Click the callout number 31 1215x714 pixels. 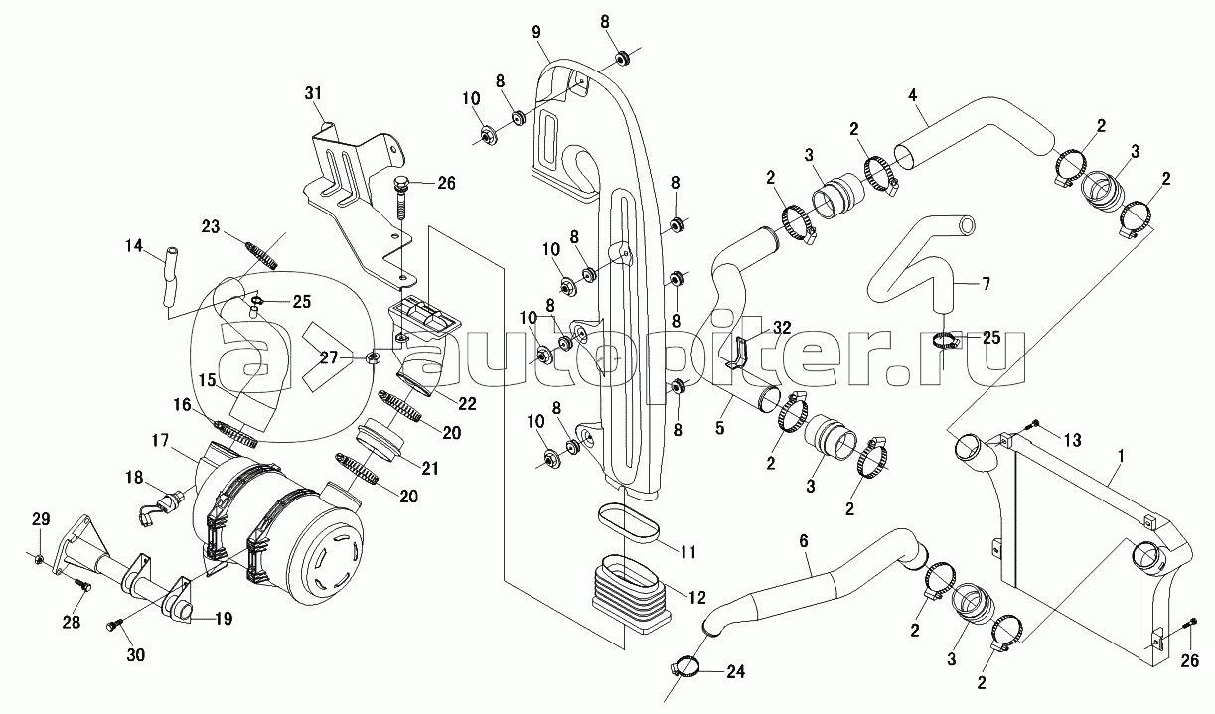point(313,93)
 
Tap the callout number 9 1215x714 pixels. point(536,32)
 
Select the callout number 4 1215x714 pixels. point(912,95)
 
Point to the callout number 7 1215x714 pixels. point(986,284)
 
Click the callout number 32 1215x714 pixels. point(782,328)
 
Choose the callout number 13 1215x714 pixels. point(1072,440)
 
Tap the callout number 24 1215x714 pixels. point(735,672)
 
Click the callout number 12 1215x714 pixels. point(696,598)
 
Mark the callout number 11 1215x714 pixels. point(687,552)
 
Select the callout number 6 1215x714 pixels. point(804,540)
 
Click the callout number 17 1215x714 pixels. point(160,440)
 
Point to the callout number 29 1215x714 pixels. point(41,519)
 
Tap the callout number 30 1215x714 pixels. point(135,654)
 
